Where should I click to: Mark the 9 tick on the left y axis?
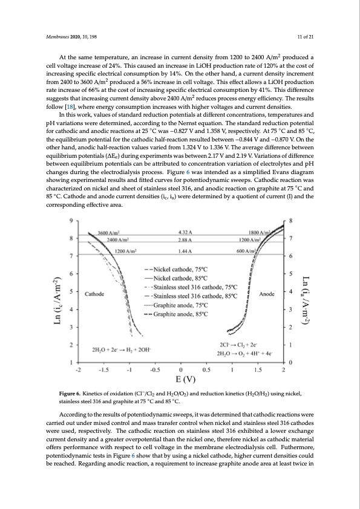click(x=73, y=220)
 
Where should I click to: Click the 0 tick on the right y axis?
click(x=291, y=363)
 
